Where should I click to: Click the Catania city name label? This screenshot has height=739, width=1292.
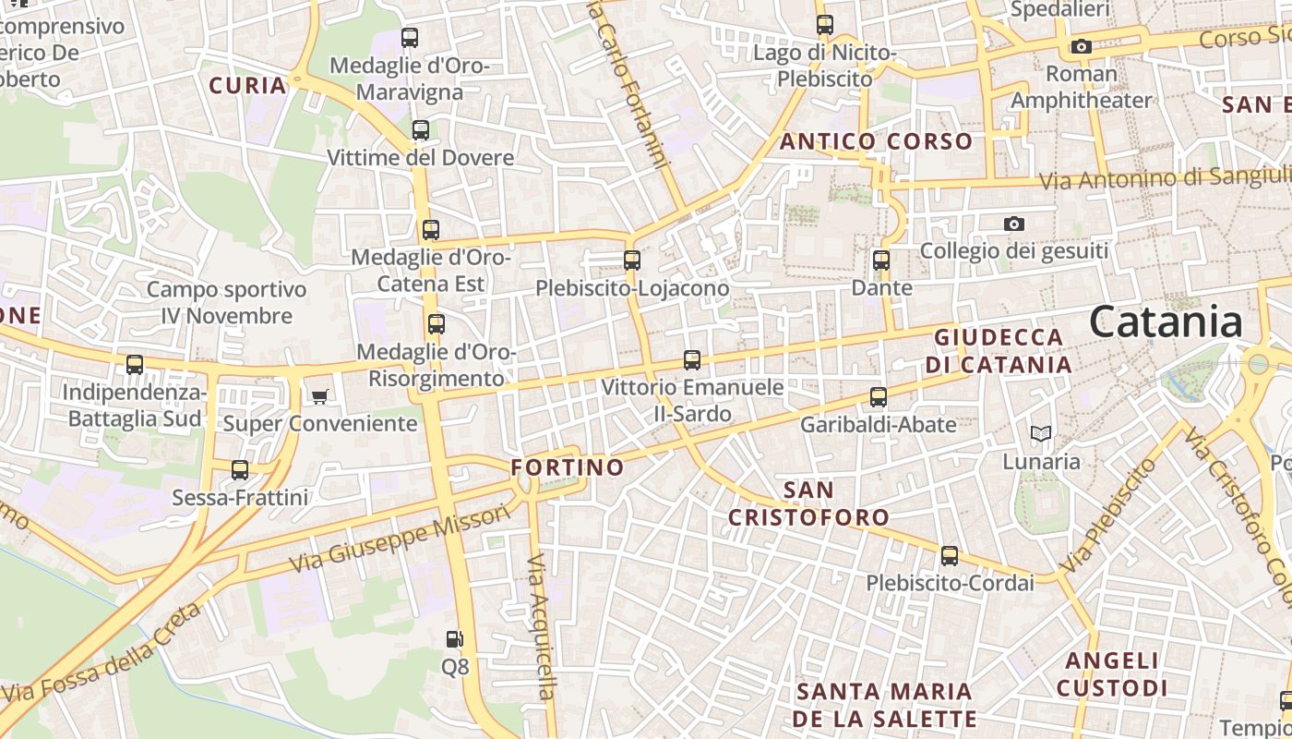click(1166, 322)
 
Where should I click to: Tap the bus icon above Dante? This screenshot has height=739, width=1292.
click(881, 260)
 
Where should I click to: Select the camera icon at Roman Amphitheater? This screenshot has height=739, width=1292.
click(1082, 46)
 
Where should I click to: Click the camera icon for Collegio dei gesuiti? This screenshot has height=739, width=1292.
click(1014, 224)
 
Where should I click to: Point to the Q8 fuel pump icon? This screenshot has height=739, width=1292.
click(454, 638)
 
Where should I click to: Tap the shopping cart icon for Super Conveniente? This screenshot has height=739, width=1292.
click(319, 396)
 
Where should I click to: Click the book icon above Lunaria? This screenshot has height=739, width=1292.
click(1040, 433)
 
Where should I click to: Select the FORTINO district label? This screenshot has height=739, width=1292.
click(568, 467)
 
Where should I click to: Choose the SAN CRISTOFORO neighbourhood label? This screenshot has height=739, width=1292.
click(808, 503)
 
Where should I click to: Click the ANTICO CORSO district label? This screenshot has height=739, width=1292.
click(876, 141)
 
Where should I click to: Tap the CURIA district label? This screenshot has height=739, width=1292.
click(247, 86)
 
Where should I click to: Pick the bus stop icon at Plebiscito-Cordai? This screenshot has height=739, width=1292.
click(950, 556)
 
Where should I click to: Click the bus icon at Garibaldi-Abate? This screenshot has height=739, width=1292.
click(879, 397)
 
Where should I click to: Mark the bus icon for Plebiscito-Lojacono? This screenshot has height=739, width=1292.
click(632, 260)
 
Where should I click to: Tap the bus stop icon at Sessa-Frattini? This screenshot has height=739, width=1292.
click(240, 470)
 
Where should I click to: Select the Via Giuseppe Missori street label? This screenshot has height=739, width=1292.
click(399, 538)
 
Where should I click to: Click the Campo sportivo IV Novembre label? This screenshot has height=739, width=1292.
click(226, 303)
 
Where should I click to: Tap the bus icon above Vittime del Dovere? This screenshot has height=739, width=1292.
click(421, 130)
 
